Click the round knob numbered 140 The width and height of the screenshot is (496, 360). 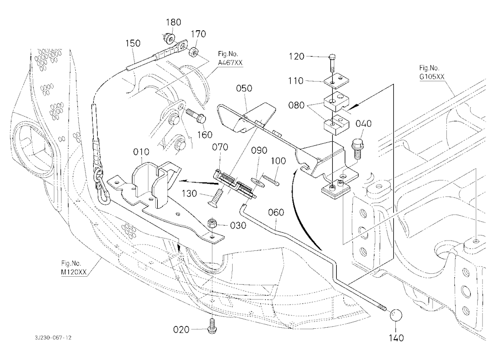click(x=395, y=315)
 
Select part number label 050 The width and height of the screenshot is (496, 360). click(x=244, y=88)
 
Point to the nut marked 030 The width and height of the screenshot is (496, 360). click(x=212, y=224)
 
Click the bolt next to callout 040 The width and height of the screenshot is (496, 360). click(x=357, y=148)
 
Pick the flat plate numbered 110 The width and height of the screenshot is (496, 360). click(x=337, y=81)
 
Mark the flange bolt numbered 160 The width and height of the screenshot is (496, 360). click(x=196, y=116)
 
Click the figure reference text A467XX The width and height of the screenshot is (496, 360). click(x=230, y=62)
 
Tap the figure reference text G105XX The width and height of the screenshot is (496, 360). click(x=432, y=77)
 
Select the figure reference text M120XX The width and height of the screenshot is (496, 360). click(x=74, y=272)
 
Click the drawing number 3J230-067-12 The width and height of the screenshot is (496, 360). click(x=53, y=338)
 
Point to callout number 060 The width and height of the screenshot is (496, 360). click(x=276, y=212)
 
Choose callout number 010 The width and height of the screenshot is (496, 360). click(x=141, y=152)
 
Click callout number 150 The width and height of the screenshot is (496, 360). click(x=133, y=43)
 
